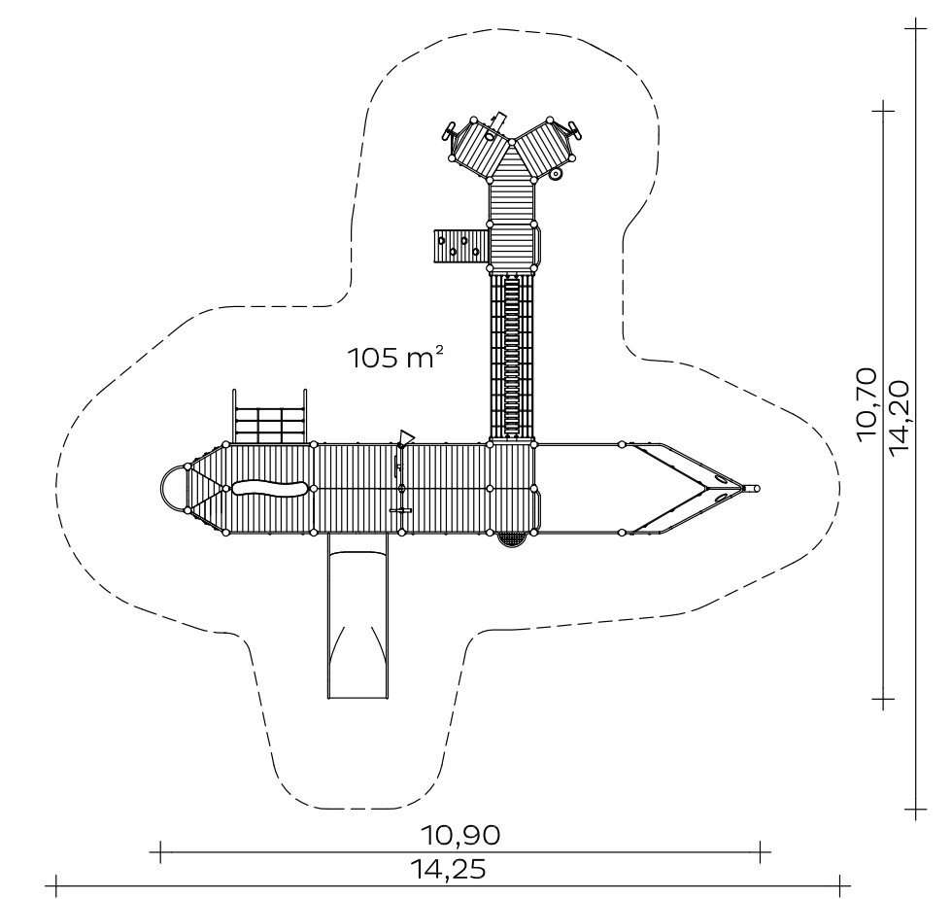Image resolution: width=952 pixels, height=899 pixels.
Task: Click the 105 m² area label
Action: click(x=394, y=358)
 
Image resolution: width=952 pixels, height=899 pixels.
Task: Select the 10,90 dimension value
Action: click(x=461, y=835)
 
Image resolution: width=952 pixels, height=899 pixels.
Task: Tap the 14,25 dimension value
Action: click(x=448, y=869)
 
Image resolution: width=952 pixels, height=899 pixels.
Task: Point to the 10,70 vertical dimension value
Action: click(x=867, y=404)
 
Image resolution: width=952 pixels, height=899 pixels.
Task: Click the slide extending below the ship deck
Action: click(x=357, y=616)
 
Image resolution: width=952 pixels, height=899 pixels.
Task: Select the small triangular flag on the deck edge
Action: click(x=406, y=437)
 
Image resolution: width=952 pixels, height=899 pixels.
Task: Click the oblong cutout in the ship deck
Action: click(x=269, y=488)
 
